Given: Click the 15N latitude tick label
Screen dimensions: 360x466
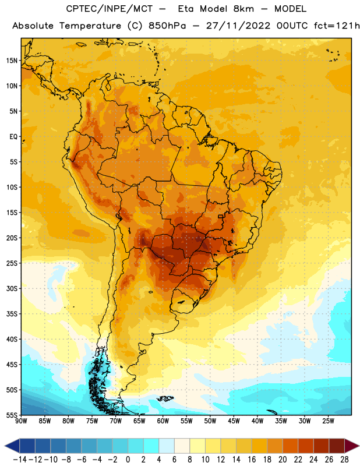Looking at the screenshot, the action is pos(12,61).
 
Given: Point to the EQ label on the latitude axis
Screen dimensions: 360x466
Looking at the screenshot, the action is pos(13,137).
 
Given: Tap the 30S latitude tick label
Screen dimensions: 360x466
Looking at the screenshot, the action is pos(12,288).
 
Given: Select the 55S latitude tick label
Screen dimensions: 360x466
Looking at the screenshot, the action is pos(12,415).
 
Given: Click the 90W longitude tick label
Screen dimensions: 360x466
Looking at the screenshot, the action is pos(21,421).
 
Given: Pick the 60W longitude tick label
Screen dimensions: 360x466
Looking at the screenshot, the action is pos(163,421).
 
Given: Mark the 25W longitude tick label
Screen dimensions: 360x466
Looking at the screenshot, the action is pos(328,421).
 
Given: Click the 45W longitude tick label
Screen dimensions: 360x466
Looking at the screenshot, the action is pos(234,421).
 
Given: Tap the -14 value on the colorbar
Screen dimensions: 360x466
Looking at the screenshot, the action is pos(20,460).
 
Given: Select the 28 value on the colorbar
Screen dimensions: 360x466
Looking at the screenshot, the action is pos(344,460).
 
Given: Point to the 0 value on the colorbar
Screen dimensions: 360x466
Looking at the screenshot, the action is pos(128,460).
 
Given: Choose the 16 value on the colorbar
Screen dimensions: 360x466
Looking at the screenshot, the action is pos(252,460).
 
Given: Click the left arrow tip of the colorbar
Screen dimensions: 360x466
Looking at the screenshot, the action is pos(5,446).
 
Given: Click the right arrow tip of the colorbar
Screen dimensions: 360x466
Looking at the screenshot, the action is pos(359,446).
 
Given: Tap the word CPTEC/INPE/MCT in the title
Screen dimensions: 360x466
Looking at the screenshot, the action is pos(110,9).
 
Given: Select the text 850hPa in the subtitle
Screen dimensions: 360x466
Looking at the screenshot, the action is pos(167,26).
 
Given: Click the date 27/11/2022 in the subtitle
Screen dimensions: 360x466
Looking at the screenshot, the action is pos(238,26).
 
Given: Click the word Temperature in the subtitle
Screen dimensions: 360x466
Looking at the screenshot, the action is pos(90,26).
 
